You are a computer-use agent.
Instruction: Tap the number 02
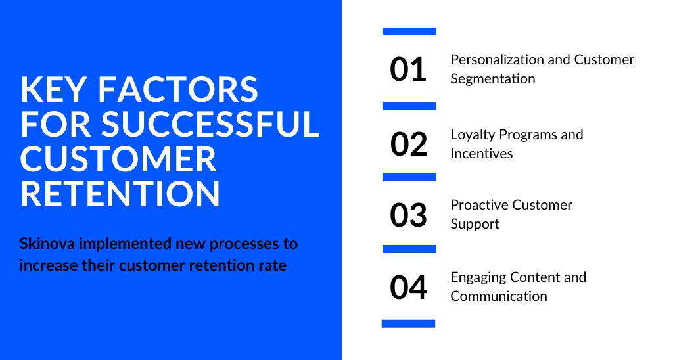coord(408,144)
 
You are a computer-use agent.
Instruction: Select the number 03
coord(408,215)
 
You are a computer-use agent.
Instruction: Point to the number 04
coord(408,288)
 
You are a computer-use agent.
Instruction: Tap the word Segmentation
coord(492,79)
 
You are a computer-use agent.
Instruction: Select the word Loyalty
coord(473,135)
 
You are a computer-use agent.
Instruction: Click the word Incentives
coord(481,154)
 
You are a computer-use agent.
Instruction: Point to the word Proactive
coord(478,205)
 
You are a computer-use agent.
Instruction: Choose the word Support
coord(475,224)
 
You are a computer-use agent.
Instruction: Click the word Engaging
coord(476,277)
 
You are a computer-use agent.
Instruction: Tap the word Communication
coord(498,296)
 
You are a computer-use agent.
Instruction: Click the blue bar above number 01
coord(409,31)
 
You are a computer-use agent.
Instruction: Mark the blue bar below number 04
coord(409,323)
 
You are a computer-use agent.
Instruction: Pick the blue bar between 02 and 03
coord(409,177)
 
